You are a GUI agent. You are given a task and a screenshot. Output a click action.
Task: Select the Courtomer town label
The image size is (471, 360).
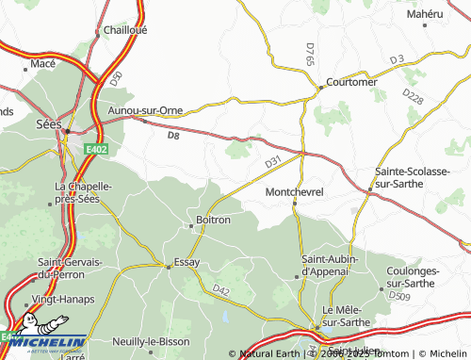pyautogui.click(x=350, y=82)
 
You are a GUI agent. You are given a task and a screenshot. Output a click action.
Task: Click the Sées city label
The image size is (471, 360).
pyautogui.click(x=47, y=123)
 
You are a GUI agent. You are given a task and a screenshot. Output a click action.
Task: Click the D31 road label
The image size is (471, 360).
pyautogui.click(x=273, y=163)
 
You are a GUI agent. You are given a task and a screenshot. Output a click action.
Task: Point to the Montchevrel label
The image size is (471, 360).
pyautogui.click(x=295, y=192)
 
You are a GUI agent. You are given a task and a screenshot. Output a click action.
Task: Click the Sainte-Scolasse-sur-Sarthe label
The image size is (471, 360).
pyautogui.click(x=416, y=178)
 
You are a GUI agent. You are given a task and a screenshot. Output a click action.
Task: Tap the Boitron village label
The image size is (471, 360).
pyautogui.click(x=212, y=220)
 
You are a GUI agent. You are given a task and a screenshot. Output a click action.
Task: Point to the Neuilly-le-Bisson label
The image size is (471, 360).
pyautogui.click(x=150, y=340)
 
